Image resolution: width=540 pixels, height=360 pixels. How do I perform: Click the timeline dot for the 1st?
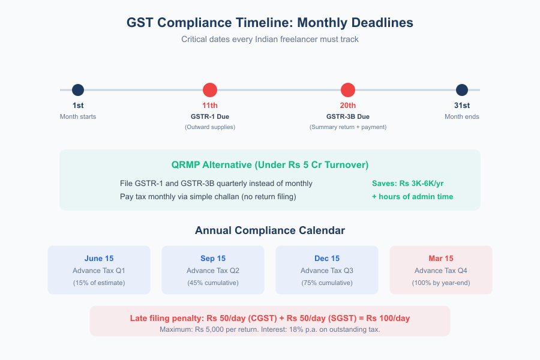pyautogui.click(x=78, y=90)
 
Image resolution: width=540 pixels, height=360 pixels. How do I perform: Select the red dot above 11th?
pyautogui.click(x=210, y=90)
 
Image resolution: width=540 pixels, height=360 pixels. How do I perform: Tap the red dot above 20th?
pyautogui.click(x=348, y=90)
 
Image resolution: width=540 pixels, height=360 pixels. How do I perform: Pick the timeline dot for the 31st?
pyautogui.click(x=462, y=90)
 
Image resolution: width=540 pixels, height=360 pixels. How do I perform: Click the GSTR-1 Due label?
pyautogui.click(x=210, y=116)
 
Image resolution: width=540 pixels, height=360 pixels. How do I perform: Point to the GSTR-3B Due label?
pyautogui.click(x=348, y=116)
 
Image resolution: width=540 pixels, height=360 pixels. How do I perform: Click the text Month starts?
pyautogui.click(x=78, y=116)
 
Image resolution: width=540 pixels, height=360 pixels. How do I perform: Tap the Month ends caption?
pyautogui.click(x=462, y=116)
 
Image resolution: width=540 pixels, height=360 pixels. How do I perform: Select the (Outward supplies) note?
pyautogui.click(x=210, y=127)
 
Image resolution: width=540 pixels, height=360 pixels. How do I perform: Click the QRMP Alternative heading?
pyautogui.click(x=270, y=164)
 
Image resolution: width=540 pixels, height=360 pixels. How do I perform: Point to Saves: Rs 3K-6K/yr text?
pyautogui.click(x=408, y=183)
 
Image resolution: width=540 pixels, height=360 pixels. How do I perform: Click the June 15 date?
pyautogui.click(x=99, y=259)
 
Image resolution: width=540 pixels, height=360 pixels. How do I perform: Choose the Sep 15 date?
pyautogui.click(x=213, y=259)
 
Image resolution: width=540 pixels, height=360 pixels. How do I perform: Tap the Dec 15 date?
pyautogui.click(x=327, y=259)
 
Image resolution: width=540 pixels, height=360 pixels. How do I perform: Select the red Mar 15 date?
pyautogui.click(x=441, y=259)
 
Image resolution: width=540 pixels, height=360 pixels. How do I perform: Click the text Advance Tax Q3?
pyautogui.click(x=327, y=271)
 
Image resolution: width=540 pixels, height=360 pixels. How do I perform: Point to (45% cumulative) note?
pyautogui.click(x=213, y=283)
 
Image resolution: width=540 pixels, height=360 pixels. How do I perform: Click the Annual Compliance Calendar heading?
pyautogui.click(x=270, y=230)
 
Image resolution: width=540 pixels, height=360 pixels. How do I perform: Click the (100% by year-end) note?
pyautogui.click(x=441, y=283)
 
